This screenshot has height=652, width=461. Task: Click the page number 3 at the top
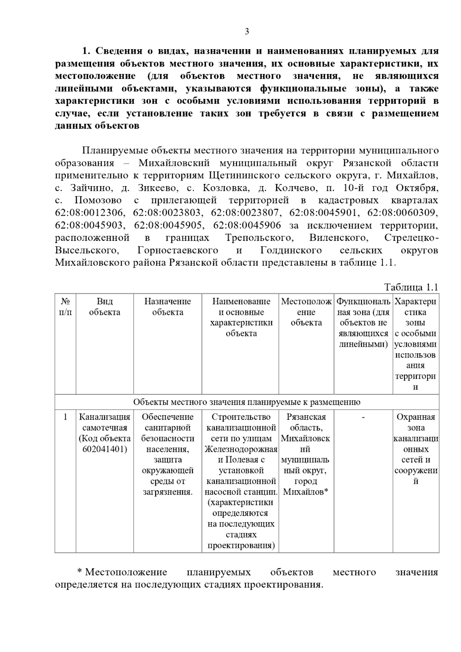point(247,31)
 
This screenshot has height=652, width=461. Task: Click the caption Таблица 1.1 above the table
point(411,287)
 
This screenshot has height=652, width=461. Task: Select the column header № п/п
point(65,307)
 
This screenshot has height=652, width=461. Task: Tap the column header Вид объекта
point(104,307)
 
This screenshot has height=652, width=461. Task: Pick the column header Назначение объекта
point(167,307)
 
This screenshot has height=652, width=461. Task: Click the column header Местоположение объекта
point(306,312)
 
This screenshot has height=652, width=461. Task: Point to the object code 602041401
point(104,449)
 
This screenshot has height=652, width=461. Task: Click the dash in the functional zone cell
point(363,417)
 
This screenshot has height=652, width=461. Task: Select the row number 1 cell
point(65,417)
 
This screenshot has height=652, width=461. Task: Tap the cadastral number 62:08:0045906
point(247,225)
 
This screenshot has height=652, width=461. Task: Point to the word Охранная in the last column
point(416,417)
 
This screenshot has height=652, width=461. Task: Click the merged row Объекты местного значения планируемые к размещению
point(247,402)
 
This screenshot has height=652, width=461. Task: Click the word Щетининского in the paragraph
point(244,175)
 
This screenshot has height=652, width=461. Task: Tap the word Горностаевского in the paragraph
point(177,250)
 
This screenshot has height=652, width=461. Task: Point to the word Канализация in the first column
point(104,417)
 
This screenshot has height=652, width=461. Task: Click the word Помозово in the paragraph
point(98,200)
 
